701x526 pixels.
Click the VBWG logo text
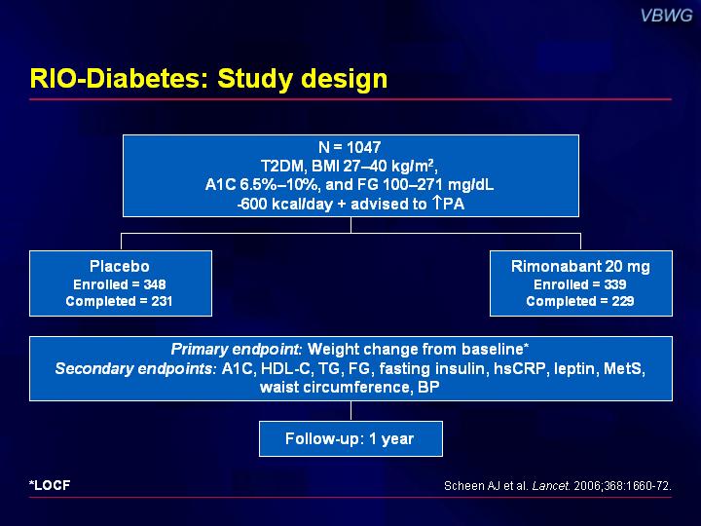[x=666, y=16]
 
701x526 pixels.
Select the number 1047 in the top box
[x=364, y=147]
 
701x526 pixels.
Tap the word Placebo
[x=120, y=266]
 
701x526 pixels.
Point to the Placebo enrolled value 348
[x=155, y=284]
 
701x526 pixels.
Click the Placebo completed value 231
[x=162, y=301]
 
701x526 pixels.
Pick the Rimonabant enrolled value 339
[x=615, y=284]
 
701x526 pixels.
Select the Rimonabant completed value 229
[x=623, y=301]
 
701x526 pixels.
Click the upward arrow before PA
[x=436, y=203]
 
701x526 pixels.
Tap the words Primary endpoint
[x=236, y=350]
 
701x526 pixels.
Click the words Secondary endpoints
[x=134, y=368]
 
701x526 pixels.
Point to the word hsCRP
[x=520, y=368]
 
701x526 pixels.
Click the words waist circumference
[x=335, y=387]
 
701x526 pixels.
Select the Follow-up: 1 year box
[x=350, y=438]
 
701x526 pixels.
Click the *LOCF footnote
[x=50, y=485]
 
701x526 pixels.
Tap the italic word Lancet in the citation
[x=551, y=486]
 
